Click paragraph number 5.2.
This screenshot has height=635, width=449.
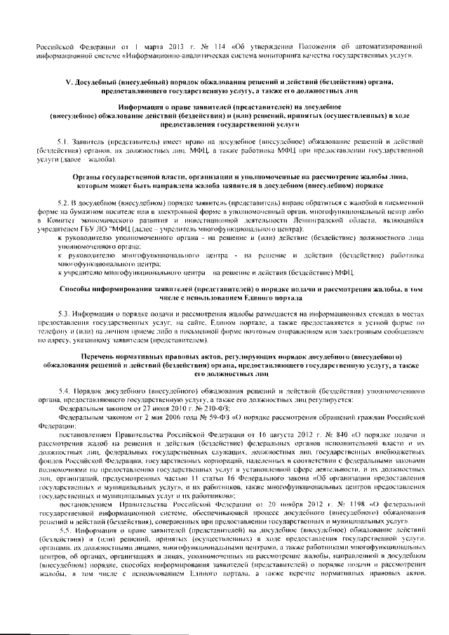click(x=65, y=202)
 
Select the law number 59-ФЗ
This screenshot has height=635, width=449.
click(x=202, y=416)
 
